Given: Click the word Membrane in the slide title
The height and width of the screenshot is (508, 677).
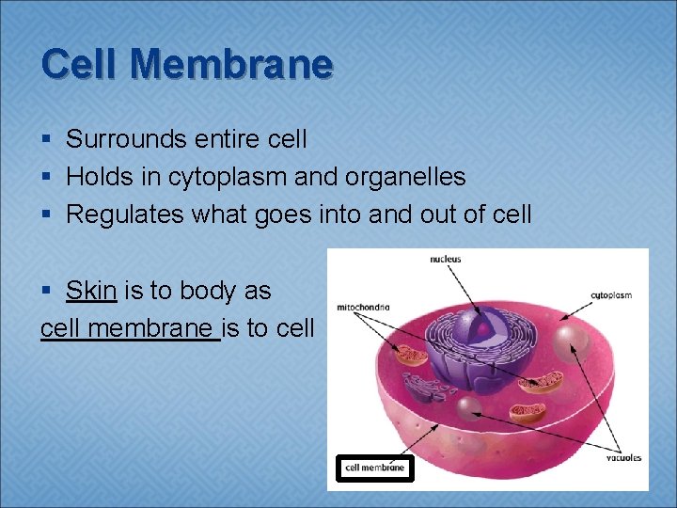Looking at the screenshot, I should point(232,64).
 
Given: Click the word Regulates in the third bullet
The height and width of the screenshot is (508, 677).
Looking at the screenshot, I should point(125,214).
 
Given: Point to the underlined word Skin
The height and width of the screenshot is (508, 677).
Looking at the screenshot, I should point(91,291).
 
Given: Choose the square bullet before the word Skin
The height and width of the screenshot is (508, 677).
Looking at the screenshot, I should point(47,292).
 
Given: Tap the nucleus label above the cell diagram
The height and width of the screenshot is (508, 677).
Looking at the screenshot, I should point(446,259).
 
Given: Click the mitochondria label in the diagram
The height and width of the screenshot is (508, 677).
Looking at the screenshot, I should point(363,306).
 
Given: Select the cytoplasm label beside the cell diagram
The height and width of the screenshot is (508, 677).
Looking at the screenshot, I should point(611,294).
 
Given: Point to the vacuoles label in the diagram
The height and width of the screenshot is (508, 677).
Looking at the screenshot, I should point(622,458).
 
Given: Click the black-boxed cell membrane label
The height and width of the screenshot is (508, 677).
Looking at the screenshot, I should point(374,467).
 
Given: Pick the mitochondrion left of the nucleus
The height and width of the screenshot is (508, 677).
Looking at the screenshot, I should point(410,355).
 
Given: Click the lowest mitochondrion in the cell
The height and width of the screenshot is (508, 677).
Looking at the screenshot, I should point(526,412).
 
